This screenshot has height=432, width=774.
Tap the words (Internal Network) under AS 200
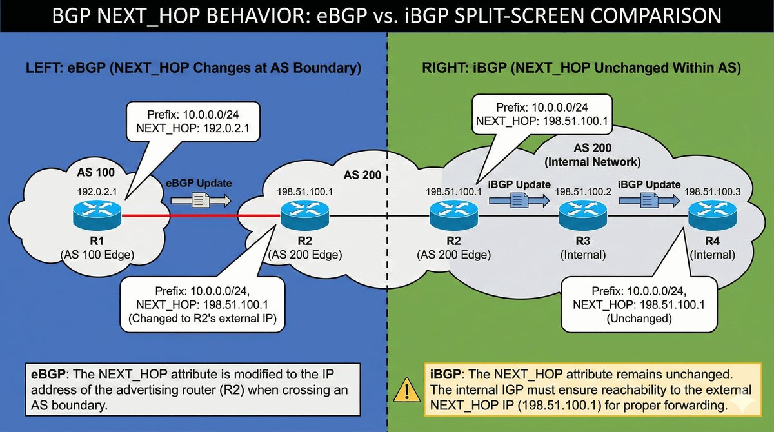[x=600, y=160]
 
